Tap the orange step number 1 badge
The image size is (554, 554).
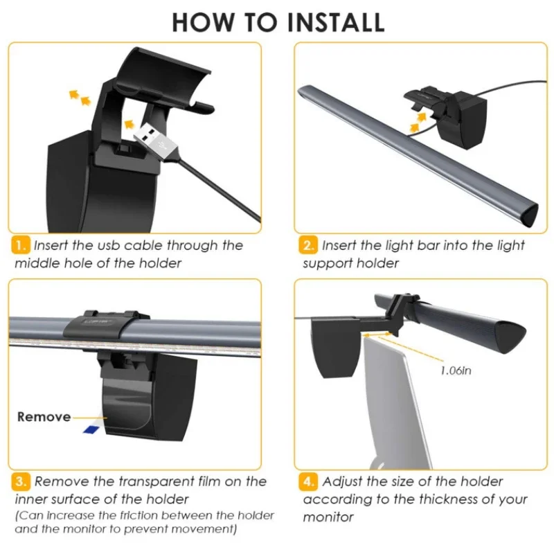tap(21, 245)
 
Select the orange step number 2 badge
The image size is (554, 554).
tap(308, 245)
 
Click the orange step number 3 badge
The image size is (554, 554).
tap(21, 482)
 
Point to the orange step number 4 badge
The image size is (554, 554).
tap(308, 482)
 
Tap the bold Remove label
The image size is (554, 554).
tap(44, 417)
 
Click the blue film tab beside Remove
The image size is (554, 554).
tap(91, 429)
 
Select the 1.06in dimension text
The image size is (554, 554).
tap(456, 370)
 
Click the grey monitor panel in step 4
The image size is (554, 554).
tap(395, 403)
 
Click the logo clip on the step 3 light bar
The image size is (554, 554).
tap(96, 325)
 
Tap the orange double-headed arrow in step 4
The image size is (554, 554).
tap(377, 334)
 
